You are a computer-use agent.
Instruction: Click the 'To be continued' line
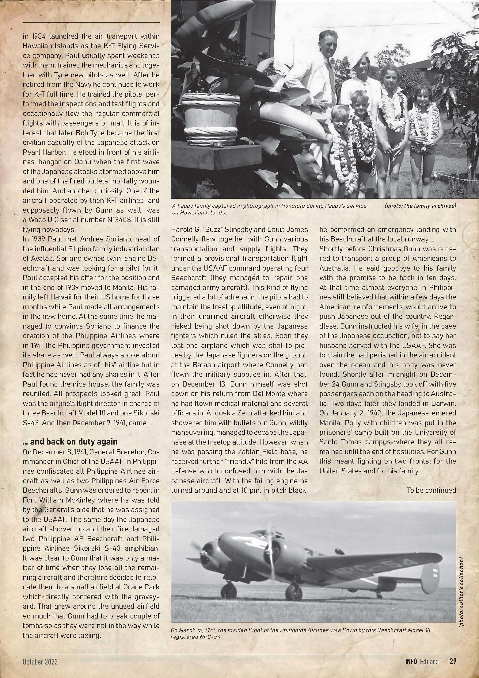[x=431, y=490]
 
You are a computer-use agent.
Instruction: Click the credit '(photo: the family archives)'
[x=420, y=206]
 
